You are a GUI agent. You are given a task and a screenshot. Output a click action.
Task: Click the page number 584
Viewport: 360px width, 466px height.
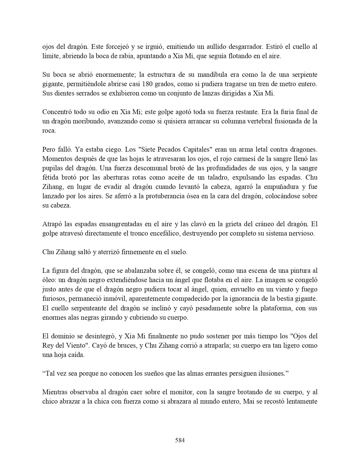(180, 440)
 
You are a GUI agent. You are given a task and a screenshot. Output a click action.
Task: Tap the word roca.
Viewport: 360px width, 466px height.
(49, 131)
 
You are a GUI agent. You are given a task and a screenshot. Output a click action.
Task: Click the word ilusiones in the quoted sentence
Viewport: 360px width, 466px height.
(272, 373)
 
